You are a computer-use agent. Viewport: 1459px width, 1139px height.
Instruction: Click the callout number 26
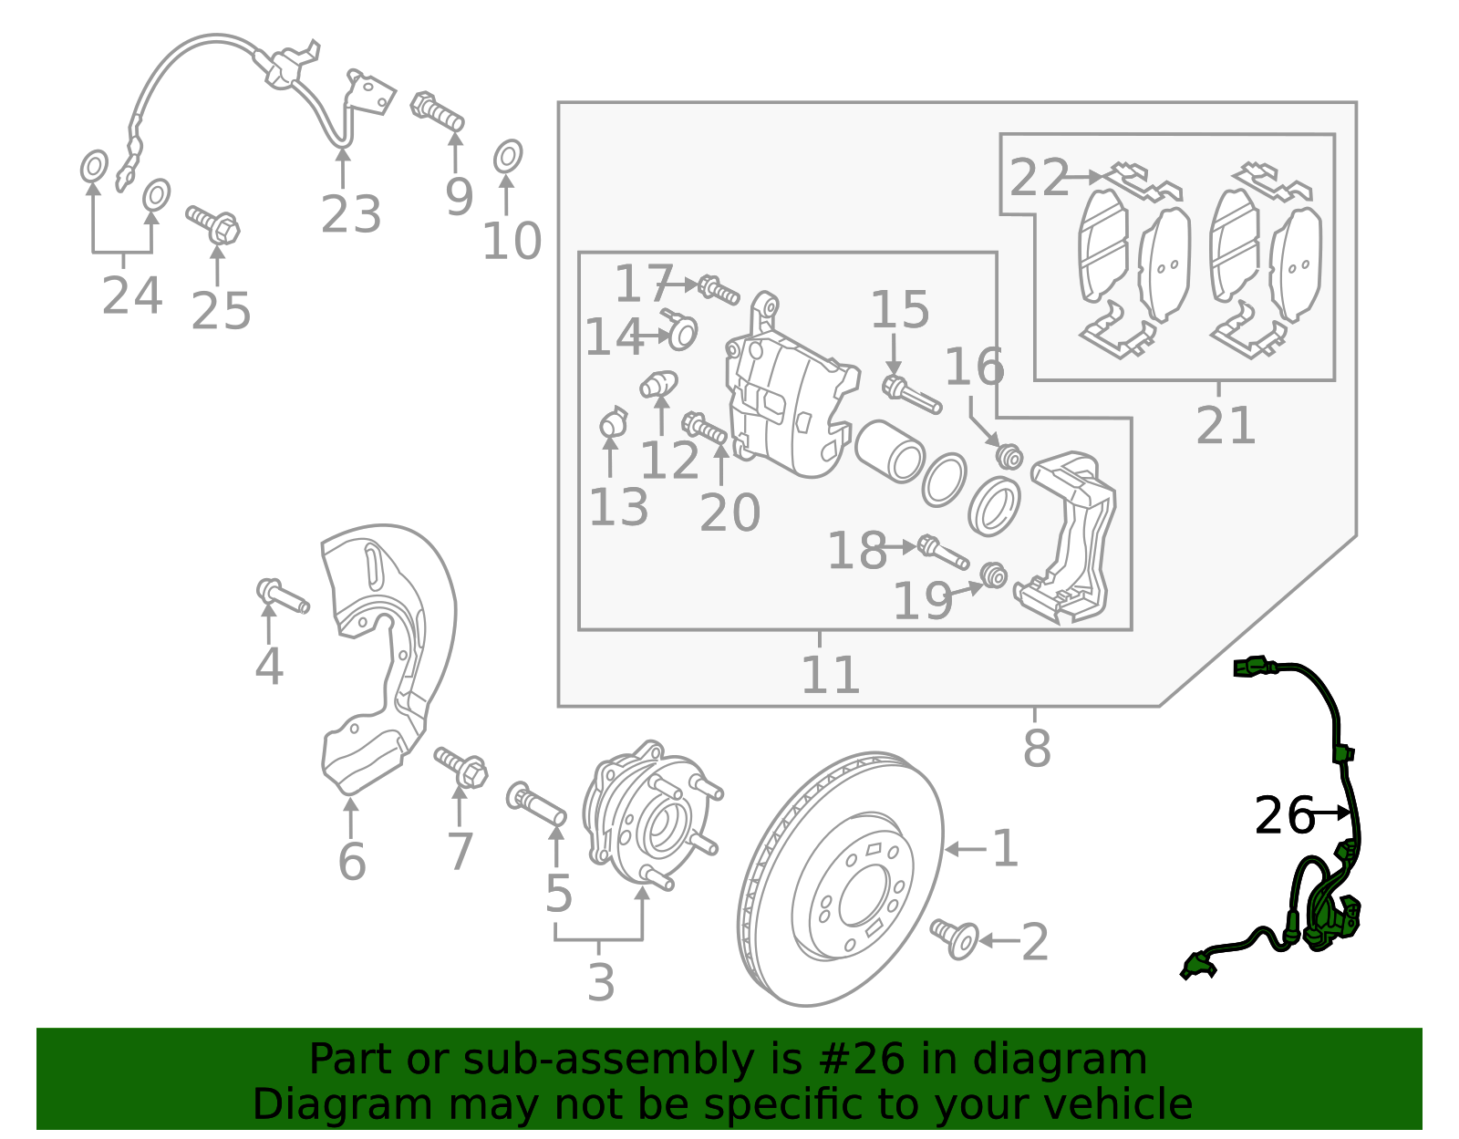(x=1284, y=815)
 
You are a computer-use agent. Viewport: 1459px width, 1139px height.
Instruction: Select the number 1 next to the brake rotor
(x=1005, y=849)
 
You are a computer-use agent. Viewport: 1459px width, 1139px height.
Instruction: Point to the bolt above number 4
(x=283, y=596)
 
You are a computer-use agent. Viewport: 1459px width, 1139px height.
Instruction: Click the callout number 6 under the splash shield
(x=352, y=862)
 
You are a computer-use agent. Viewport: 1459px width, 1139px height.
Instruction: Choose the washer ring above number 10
(x=508, y=157)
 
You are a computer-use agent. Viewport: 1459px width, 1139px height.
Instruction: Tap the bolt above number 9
(x=439, y=112)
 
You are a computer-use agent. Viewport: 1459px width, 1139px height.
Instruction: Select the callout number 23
(x=350, y=216)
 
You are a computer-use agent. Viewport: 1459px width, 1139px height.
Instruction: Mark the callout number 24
(x=132, y=295)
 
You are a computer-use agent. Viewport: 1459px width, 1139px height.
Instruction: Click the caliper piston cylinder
(x=890, y=450)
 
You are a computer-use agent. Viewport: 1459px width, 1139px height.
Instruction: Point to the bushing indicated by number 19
(x=994, y=575)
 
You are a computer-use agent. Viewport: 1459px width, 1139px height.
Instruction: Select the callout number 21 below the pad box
(x=1226, y=425)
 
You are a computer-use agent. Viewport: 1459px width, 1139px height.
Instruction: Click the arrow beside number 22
(x=1085, y=177)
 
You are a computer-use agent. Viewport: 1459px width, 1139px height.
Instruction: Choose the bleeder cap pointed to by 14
(x=680, y=331)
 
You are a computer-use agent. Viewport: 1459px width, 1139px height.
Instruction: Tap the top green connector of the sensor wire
(x=1251, y=668)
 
